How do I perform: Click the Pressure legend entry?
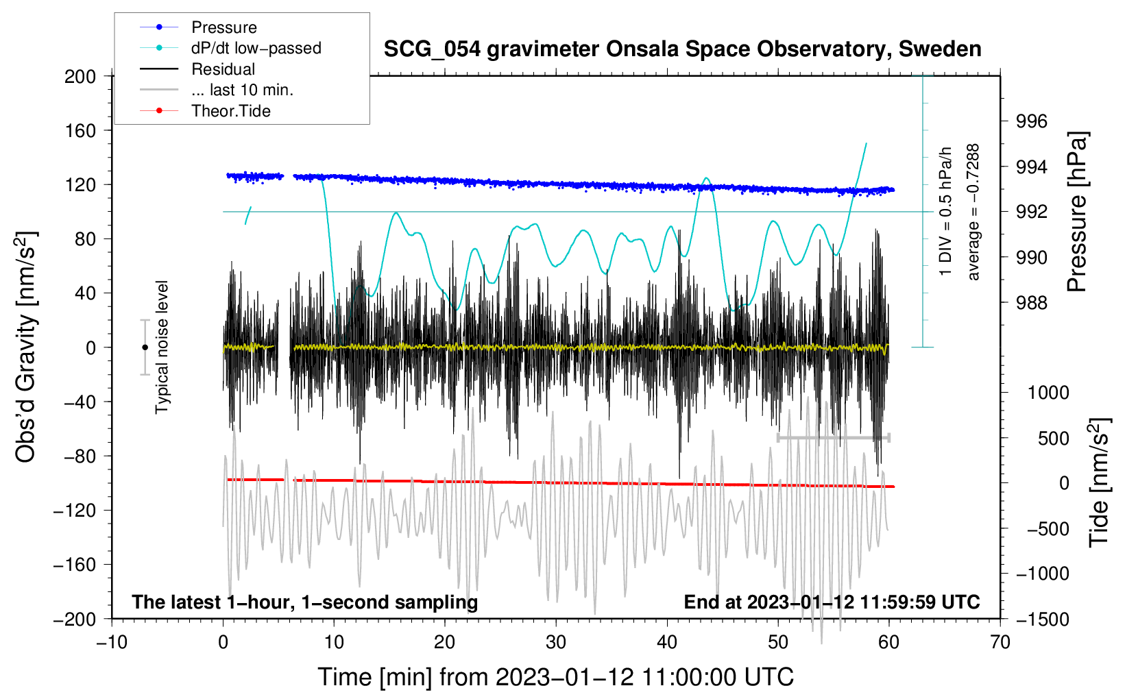[x=223, y=27]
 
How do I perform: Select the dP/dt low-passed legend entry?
[x=256, y=48]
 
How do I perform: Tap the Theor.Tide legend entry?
[x=230, y=111]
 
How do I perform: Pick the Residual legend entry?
[x=223, y=69]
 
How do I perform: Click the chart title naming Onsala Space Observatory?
[x=682, y=49]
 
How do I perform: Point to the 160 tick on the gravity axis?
[x=80, y=130]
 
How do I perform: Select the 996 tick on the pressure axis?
[x=1032, y=121]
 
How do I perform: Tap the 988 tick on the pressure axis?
[x=1032, y=302]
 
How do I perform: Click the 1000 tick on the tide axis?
[x=1048, y=393]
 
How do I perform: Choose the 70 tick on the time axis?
[x=1000, y=642]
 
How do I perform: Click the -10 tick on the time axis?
[x=112, y=642]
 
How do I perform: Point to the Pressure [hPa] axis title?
[x=1078, y=212]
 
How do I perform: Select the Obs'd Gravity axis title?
[x=26, y=347]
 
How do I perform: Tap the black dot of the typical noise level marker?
[x=145, y=347]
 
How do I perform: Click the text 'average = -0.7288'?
[x=973, y=212]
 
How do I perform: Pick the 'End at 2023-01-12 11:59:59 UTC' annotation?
[x=832, y=602]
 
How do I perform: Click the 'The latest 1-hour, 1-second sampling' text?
[x=304, y=602]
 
